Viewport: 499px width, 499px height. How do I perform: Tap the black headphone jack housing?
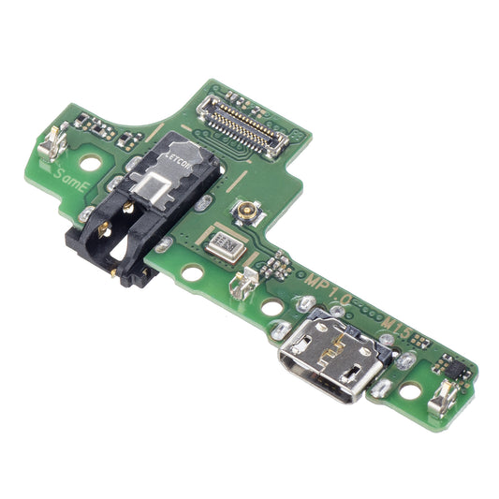click(x=117, y=234)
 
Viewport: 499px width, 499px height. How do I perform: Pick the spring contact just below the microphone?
click(x=246, y=281)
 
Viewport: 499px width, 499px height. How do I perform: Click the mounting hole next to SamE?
click(x=90, y=162)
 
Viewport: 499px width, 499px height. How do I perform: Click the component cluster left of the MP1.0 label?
click(x=277, y=267)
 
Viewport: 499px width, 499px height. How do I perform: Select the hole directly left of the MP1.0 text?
click(x=271, y=306)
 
